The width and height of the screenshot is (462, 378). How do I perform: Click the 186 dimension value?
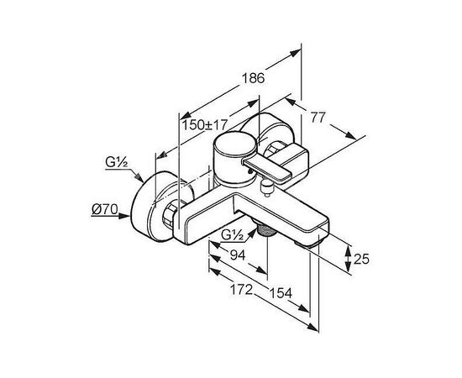[x=254, y=78]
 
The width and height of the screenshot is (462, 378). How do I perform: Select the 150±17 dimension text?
[x=205, y=125]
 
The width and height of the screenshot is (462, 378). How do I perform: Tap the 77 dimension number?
[x=318, y=118]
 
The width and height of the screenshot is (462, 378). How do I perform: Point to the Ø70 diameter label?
[x=105, y=209]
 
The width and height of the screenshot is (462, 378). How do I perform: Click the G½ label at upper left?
[x=117, y=162]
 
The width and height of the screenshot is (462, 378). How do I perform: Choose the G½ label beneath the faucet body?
[x=232, y=235]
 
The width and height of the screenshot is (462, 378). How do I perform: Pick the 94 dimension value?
[x=238, y=255]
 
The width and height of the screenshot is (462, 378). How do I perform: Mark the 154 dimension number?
[x=281, y=293]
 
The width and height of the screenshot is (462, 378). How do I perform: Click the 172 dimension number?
[x=241, y=290]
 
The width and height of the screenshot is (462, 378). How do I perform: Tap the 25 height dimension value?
[x=361, y=259]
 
